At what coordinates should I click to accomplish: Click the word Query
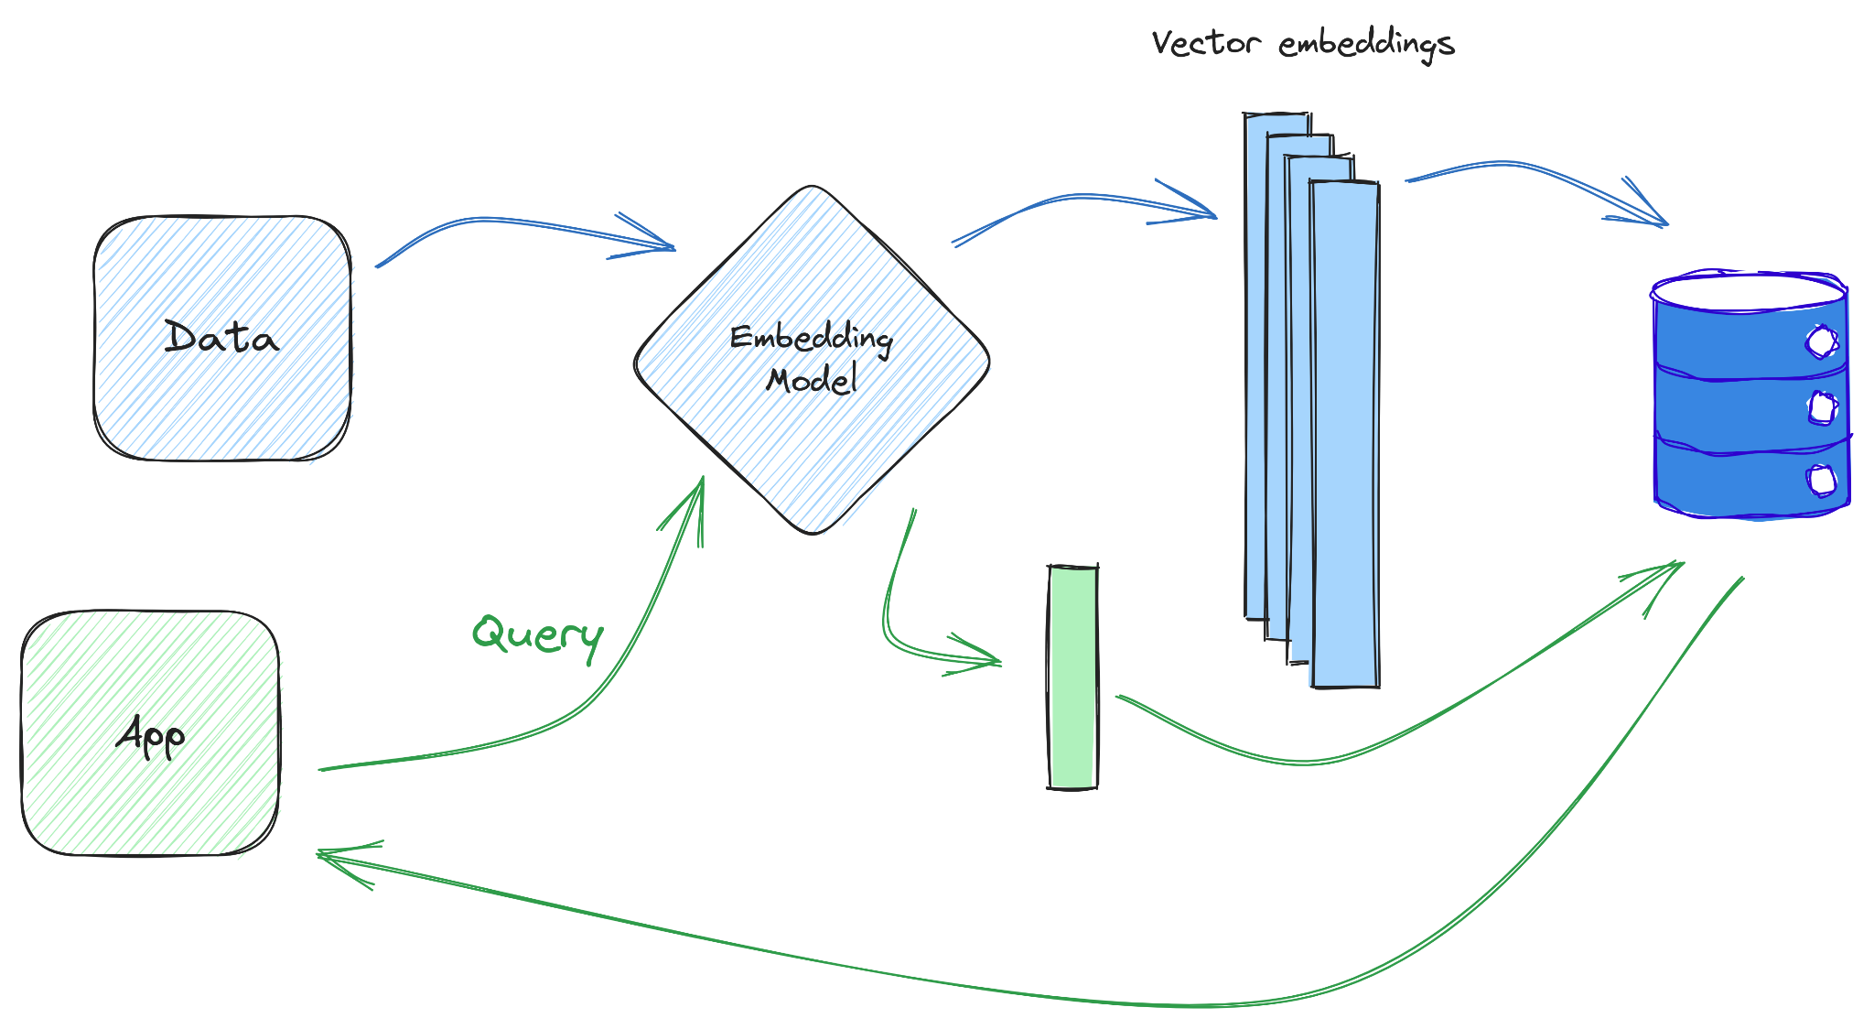tap(537, 634)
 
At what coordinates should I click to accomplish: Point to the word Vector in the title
tap(1206, 43)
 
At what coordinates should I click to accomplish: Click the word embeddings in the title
tap(1366, 45)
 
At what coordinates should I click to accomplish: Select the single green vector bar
tap(1072, 677)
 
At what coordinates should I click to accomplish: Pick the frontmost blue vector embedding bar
tap(1345, 435)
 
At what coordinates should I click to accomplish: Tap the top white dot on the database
tap(1821, 341)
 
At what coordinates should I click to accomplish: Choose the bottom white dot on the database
tap(1822, 480)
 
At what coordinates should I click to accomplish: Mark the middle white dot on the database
tap(1823, 408)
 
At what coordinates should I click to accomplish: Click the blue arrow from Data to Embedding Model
tap(512, 222)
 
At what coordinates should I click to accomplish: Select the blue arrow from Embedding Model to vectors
tap(1080, 196)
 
